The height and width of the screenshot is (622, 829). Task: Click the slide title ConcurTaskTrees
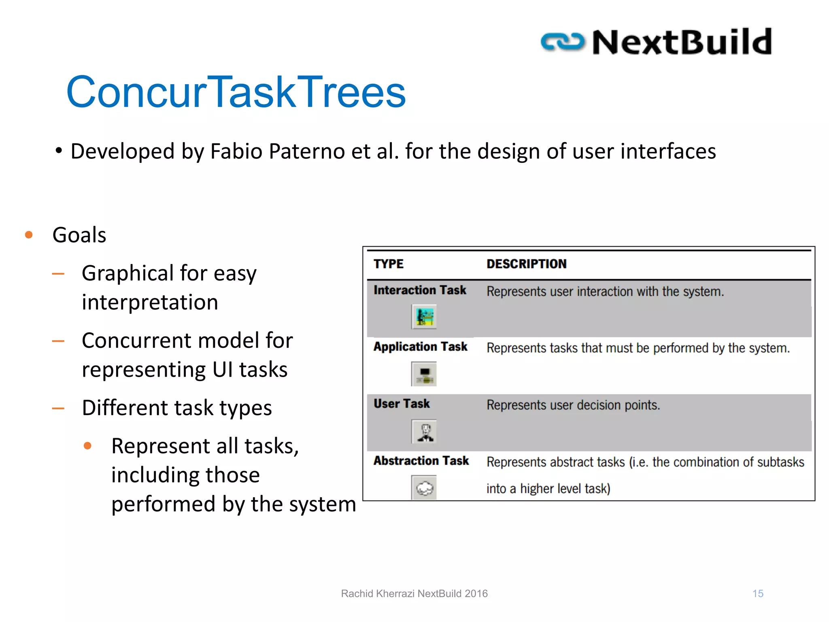[236, 92]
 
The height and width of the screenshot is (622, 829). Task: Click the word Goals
[79, 235]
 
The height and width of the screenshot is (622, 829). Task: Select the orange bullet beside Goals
[29, 235]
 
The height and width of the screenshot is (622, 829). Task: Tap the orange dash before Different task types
[58, 408]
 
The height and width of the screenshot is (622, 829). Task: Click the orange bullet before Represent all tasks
[87, 446]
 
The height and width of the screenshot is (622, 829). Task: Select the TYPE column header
[388, 264]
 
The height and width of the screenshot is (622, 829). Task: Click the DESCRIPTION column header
[526, 264]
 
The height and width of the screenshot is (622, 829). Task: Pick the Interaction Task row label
[420, 290]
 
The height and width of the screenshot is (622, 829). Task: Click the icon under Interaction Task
[424, 317]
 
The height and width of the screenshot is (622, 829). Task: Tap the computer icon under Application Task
[424, 374]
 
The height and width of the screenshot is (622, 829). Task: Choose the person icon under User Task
[424, 431]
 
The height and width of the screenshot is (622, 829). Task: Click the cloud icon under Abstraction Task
[424, 488]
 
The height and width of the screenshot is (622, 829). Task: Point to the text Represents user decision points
[573, 405]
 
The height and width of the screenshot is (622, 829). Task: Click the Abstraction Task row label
[421, 461]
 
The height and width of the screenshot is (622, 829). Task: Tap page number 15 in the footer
[758, 594]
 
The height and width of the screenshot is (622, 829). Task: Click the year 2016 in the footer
[476, 594]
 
